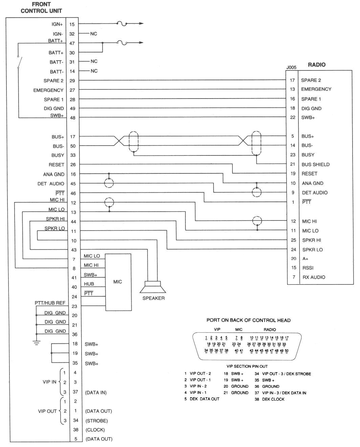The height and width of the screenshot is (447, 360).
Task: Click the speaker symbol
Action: pyautogui.click(x=153, y=287)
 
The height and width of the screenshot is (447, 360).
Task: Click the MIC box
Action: pyautogui.click(x=118, y=282)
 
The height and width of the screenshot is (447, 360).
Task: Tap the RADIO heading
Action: pyautogui.click(x=316, y=64)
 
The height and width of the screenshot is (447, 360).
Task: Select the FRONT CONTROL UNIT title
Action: pyautogui.click(x=41, y=7)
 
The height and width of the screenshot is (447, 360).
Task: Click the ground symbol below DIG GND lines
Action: pyautogui.click(x=36, y=342)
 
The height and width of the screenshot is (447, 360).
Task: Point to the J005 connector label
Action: pyautogui.click(x=291, y=67)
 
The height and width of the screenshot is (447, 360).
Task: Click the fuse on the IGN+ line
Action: pyautogui.click(x=121, y=24)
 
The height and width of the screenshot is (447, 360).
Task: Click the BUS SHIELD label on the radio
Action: pyautogui.click(x=315, y=165)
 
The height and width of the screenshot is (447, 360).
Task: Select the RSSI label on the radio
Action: pyautogui.click(x=308, y=268)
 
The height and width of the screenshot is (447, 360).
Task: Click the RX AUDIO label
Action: pyautogui.click(x=314, y=277)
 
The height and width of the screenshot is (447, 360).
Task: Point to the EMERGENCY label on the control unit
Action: pyautogui.click(x=48, y=90)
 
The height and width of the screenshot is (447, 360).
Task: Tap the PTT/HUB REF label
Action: pyautogui.click(x=50, y=303)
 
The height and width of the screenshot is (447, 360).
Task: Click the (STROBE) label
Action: pyautogui.click(x=96, y=421)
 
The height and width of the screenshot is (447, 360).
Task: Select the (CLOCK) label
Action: pyautogui.click(x=95, y=430)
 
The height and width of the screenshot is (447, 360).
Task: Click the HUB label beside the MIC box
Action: pyautogui.click(x=89, y=284)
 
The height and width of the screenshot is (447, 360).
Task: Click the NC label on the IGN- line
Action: pyautogui.click(x=94, y=34)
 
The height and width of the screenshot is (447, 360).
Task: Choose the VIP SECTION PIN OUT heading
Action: pyautogui.click(x=247, y=366)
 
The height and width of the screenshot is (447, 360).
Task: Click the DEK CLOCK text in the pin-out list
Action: pyautogui.click(x=273, y=399)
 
